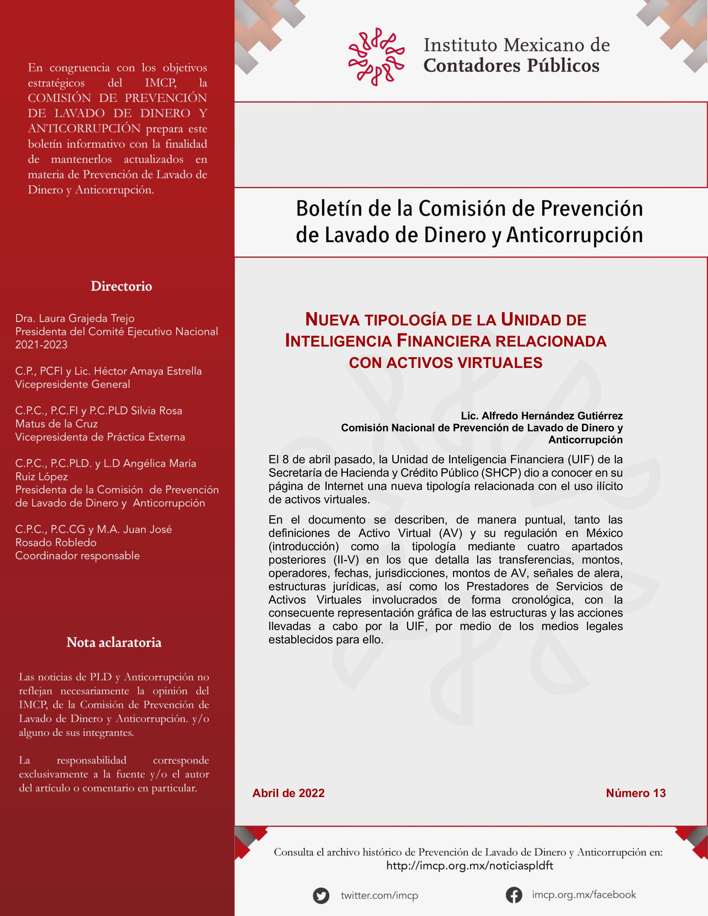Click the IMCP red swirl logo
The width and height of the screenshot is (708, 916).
376,57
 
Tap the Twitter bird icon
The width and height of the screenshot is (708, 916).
321,895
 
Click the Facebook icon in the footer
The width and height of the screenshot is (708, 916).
513,895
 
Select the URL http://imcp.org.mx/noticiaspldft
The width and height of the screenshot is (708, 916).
469,866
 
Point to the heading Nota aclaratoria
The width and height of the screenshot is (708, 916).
114,643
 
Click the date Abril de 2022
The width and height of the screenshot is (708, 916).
288,793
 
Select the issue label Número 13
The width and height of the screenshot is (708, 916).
635,793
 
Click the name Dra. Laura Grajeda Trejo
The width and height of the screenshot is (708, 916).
75,318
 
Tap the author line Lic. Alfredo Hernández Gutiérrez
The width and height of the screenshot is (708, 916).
541,416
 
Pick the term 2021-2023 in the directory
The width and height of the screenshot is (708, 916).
41,345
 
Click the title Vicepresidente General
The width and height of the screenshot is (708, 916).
73,384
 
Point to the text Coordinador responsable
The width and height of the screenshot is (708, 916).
77,556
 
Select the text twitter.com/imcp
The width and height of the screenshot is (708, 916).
379,895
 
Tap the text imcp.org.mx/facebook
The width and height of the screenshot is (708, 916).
584,895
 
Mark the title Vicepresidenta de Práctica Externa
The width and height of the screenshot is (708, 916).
100,437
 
